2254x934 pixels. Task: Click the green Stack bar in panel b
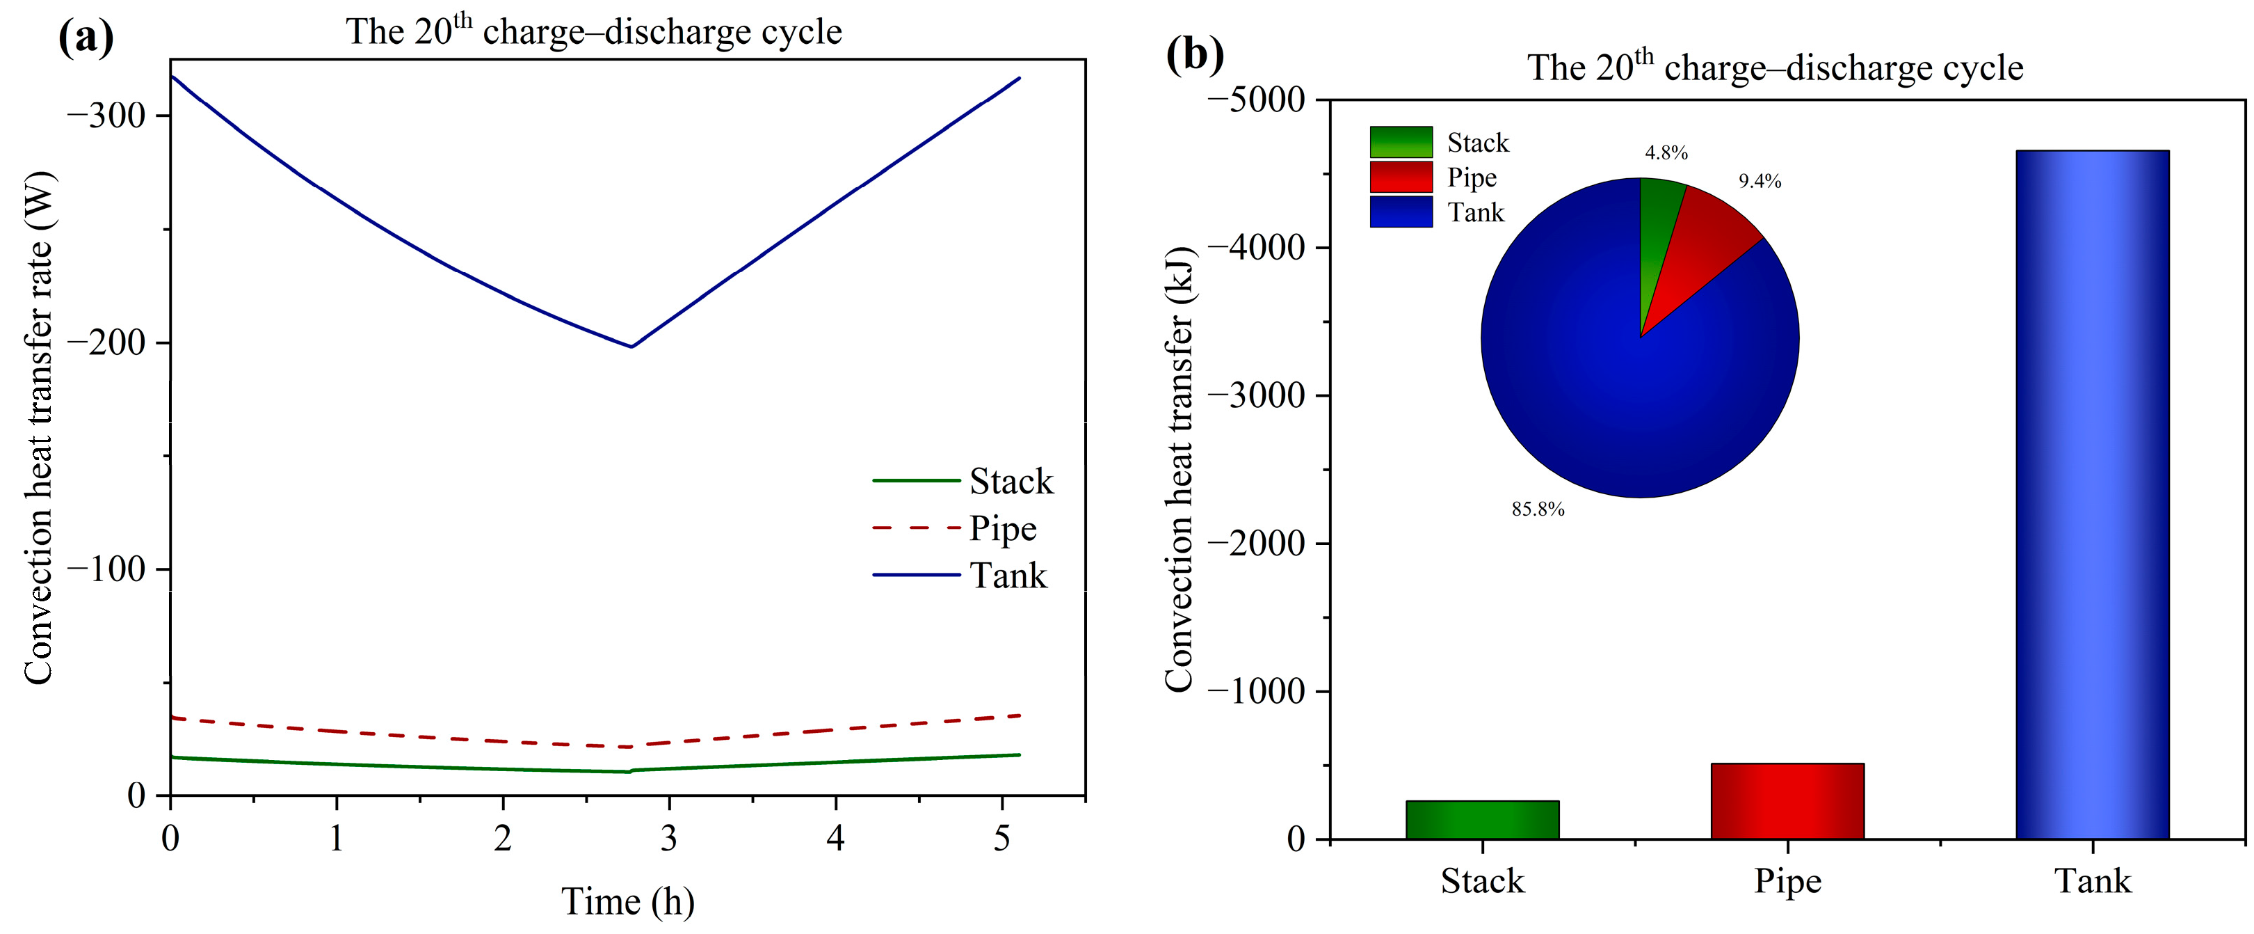[1482, 819]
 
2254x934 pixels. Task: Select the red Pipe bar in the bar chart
[1787, 801]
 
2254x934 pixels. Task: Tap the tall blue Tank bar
[2092, 495]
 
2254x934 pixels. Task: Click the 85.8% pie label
[1538, 509]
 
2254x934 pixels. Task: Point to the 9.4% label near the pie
[1759, 181]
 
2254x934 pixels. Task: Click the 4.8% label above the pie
[1666, 152]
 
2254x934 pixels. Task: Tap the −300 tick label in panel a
[106, 115]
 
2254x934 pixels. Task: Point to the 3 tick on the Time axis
[668, 839]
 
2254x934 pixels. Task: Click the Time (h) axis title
[627, 901]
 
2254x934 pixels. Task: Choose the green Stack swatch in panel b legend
[1401, 142]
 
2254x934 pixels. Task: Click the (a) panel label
[86, 37]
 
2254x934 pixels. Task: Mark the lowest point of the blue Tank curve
[631, 347]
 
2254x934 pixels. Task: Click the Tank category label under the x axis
[2092, 880]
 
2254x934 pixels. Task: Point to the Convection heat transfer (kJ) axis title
[1179, 468]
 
